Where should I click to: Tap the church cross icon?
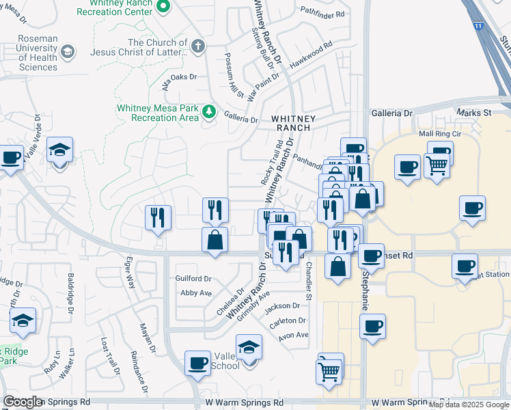[x=197, y=46]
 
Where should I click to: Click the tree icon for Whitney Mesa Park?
[x=209, y=113]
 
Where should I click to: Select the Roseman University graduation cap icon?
[x=68, y=52]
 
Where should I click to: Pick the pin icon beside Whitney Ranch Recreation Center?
[x=163, y=7]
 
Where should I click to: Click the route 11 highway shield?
[x=478, y=26]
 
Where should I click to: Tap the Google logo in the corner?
[x=23, y=402]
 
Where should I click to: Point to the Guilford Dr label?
[x=193, y=279]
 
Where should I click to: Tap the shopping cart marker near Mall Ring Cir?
[x=436, y=164]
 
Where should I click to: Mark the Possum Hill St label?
[x=234, y=75]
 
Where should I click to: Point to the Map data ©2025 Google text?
[x=469, y=405]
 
